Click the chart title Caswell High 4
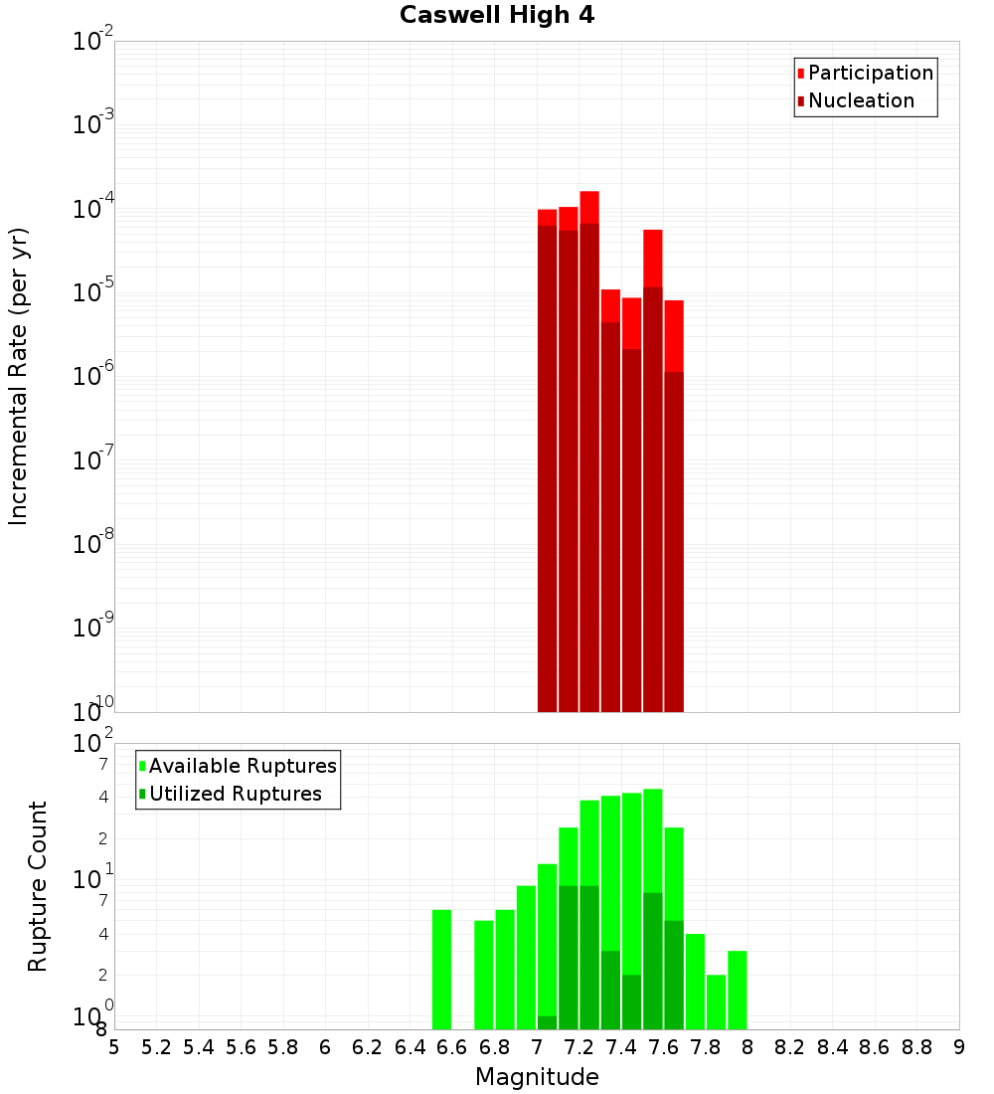tap(497, 16)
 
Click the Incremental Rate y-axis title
tap(19, 376)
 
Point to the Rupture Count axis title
tap(38, 886)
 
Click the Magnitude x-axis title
tap(537, 1077)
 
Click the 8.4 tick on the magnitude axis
tap(833, 1046)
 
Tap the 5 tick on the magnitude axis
tap(114, 1046)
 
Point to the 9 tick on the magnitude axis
tap(959, 1046)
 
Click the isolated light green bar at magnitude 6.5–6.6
tap(441, 970)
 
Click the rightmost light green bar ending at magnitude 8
tap(737, 990)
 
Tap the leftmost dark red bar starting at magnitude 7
tap(547, 467)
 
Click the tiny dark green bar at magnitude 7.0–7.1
tap(547, 1022)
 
